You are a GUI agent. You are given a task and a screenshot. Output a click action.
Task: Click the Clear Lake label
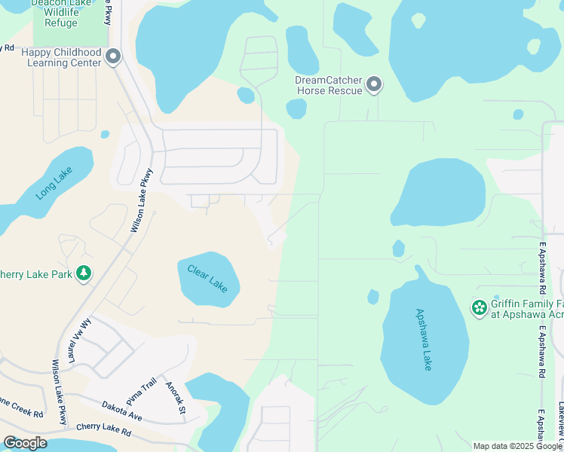point(207,278)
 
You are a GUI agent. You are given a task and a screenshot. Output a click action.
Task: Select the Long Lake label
point(51,184)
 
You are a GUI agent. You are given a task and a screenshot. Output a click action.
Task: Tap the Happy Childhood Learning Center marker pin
point(114,57)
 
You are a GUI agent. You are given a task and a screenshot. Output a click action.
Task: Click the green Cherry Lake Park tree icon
point(85,273)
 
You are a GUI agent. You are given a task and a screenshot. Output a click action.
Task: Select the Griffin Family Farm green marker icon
point(478,307)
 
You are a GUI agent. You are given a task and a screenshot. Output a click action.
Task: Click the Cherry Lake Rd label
point(103,433)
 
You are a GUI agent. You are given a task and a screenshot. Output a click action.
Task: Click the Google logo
point(26,443)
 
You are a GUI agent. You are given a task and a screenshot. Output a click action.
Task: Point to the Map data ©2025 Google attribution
point(516,446)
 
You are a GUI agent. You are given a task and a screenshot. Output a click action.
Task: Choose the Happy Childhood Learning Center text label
point(61,58)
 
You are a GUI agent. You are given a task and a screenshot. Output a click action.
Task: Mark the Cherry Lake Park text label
point(35,273)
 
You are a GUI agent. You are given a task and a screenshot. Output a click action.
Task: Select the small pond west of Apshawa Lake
point(372,297)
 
